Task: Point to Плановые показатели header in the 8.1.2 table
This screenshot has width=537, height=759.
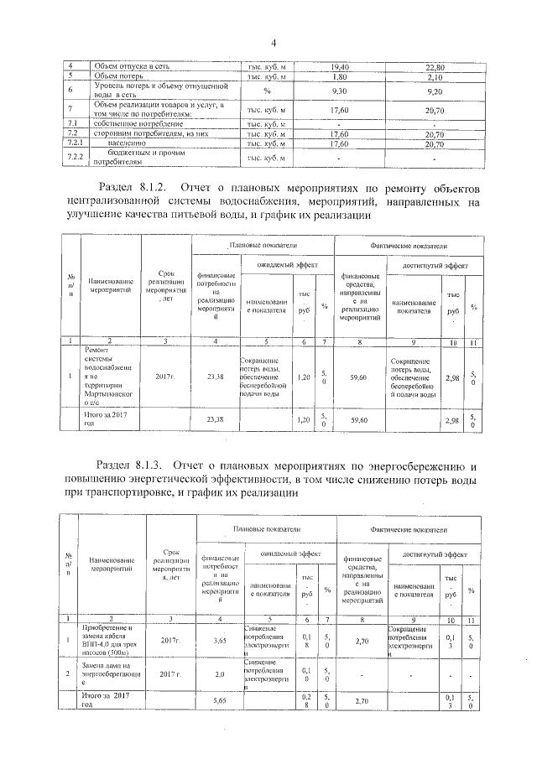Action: point(263,244)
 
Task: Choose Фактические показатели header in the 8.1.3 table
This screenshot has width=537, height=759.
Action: point(409,529)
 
